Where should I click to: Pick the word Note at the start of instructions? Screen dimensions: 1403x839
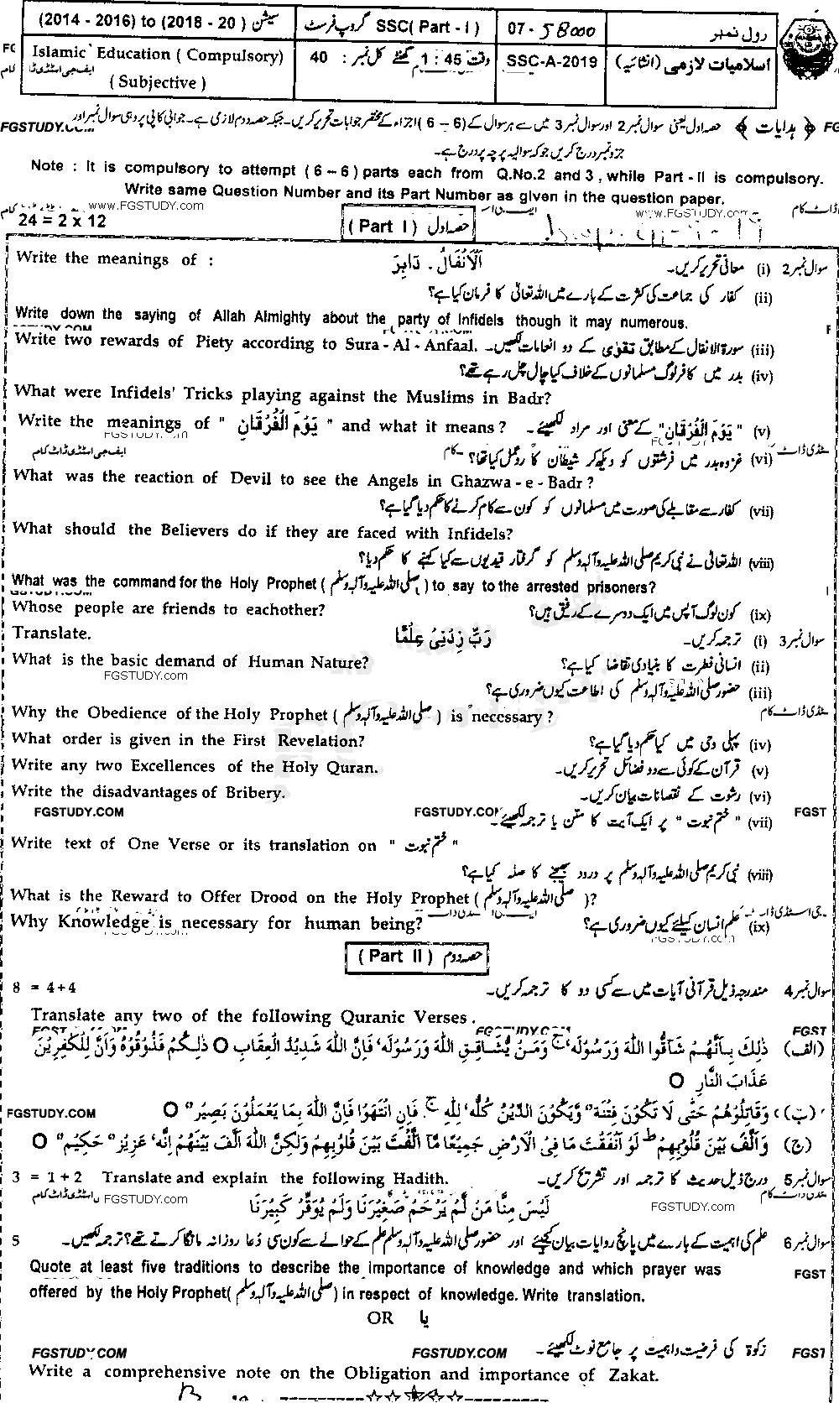coord(47,166)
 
